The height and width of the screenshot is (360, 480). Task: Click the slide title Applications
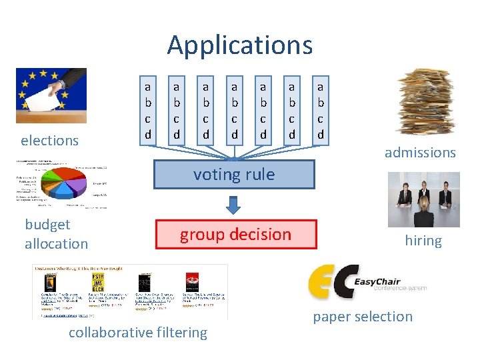(x=239, y=45)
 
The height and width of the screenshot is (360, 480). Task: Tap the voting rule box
(x=234, y=175)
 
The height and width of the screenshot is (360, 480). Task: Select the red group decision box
(x=235, y=235)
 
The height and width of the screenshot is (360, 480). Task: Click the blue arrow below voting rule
(x=233, y=204)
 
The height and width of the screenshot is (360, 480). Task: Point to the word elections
(x=49, y=141)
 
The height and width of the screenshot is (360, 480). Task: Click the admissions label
(x=420, y=153)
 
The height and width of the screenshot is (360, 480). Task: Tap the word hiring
(x=423, y=241)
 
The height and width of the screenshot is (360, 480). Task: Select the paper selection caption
(x=363, y=317)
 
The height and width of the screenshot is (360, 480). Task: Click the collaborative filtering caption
(x=138, y=333)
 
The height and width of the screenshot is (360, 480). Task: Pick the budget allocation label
(x=56, y=234)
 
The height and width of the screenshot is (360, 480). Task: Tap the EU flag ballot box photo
(x=51, y=95)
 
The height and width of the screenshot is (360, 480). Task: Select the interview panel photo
(x=423, y=200)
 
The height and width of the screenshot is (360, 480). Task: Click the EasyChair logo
(x=367, y=282)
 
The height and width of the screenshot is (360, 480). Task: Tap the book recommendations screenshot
(x=129, y=291)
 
